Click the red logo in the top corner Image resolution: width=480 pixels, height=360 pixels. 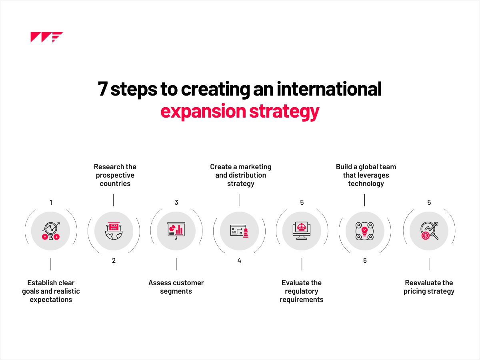pos(46,37)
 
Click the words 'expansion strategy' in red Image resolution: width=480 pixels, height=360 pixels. pos(240,111)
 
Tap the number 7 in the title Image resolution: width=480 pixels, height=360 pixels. pos(103,89)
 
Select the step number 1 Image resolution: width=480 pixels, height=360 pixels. pos(51,202)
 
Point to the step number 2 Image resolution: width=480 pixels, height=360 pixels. pos(114,260)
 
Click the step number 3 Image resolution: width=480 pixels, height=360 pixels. pos(176,202)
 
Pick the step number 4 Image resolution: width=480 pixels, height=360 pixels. pos(239,260)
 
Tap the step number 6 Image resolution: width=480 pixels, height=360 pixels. pos(365,260)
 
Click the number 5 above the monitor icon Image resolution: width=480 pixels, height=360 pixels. pos(302,202)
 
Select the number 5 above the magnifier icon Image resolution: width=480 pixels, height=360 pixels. pos(429,202)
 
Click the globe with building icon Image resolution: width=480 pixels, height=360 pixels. pos(114,231)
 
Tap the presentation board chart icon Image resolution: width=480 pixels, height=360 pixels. pos(176,231)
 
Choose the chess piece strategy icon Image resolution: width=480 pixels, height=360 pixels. pos(239,231)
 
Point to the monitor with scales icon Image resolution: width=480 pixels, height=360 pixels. pos(302,231)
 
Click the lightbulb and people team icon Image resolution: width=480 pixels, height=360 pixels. pos(365,231)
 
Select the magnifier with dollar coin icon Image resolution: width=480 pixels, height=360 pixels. pos(429,231)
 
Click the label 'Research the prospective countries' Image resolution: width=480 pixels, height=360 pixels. pos(115,175)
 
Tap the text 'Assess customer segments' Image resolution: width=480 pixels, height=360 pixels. pos(176,287)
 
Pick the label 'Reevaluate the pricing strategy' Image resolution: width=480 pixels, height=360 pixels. pos(429,287)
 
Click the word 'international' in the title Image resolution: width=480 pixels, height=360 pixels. pos(322,89)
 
